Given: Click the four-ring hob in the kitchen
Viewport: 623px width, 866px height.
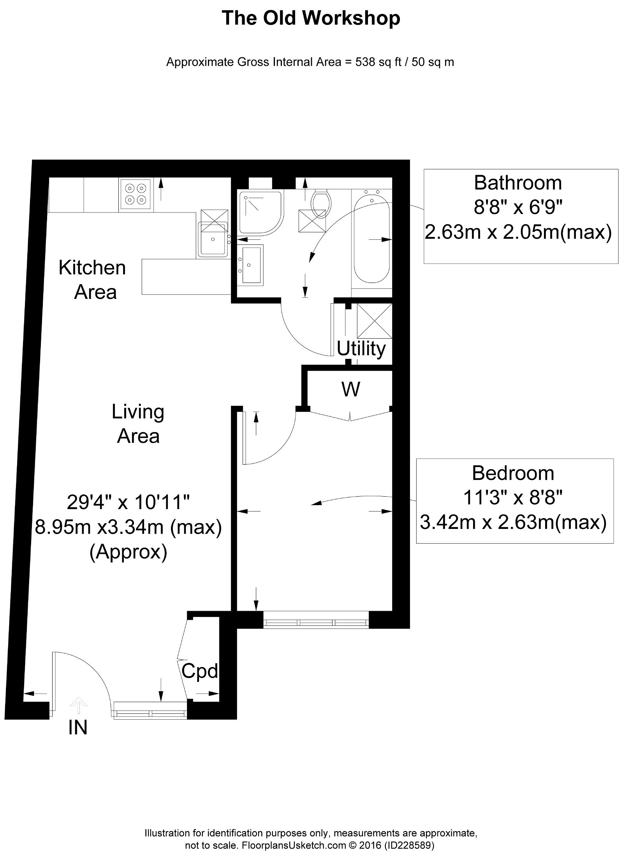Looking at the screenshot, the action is click(135, 194).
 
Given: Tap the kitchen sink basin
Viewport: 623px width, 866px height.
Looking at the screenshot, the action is click(213, 239).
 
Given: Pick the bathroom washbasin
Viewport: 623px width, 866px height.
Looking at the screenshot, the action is click(250, 264).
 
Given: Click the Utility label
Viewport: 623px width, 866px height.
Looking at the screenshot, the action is click(361, 349).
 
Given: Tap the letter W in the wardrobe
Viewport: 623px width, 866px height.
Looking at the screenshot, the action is click(350, 388).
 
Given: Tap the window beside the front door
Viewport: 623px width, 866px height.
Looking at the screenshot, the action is click(150, 710).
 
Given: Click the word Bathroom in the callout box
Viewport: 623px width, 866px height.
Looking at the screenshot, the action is click(517, 183).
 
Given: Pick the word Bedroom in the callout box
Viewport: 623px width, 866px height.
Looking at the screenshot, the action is click(513, 473).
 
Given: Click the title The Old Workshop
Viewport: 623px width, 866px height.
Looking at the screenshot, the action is click(311, 19).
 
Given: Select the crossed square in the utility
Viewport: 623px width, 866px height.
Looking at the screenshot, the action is click(374, 321).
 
